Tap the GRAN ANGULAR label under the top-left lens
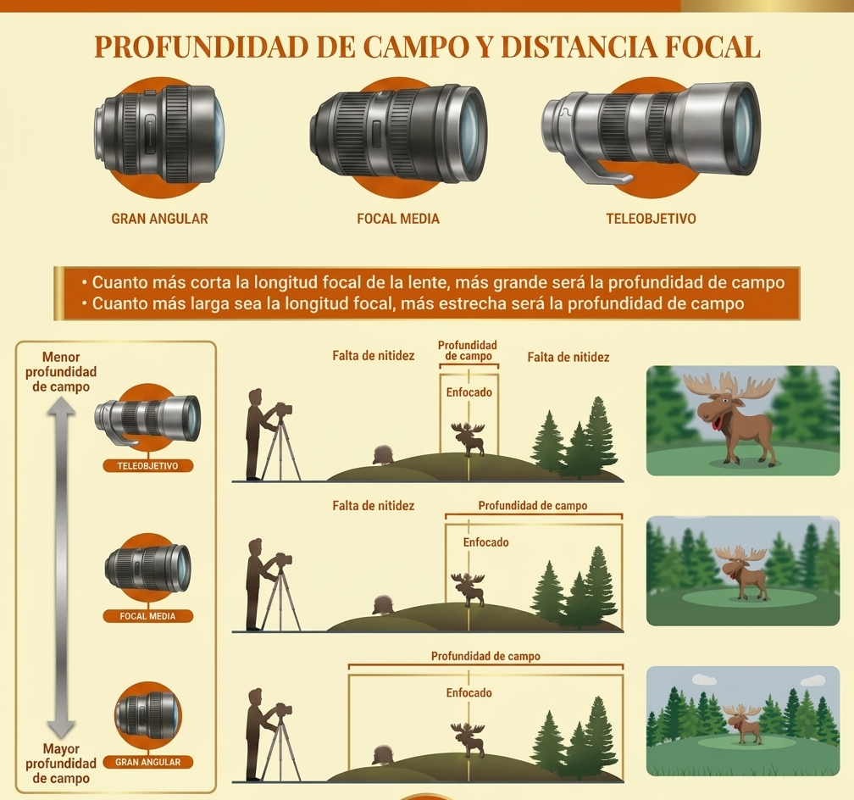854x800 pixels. (x=159, y=219)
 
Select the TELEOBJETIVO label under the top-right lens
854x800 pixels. (x=651, y=219)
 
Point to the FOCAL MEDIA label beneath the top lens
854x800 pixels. (x=398, y=219)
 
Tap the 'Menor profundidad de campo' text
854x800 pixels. (x=61, y=372)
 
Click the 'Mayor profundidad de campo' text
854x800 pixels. (x=61, y=764)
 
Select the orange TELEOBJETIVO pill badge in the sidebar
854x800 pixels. (x=147, y=466)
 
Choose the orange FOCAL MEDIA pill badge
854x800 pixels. (x=147, y=616)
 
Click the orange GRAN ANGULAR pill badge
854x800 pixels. (x=147, y=762)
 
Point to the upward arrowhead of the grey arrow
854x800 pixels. (x=60, y=406)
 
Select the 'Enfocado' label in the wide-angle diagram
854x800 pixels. (x=469, y=692)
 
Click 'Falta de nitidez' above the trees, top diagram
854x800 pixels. (x=568, y=358)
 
